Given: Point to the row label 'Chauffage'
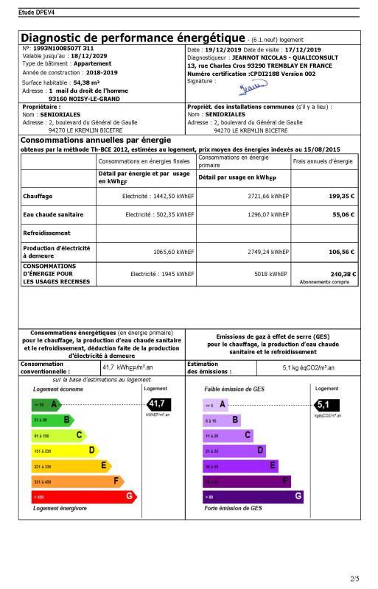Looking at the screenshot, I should pyautogui.click(x=37, y=197).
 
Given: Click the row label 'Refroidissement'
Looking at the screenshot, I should pyautogui.click(x=47, y=232).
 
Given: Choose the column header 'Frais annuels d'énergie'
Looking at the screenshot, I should pyautogui.click(x=323, y=161).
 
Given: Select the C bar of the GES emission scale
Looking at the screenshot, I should pyautogui.click(x=228, y=435).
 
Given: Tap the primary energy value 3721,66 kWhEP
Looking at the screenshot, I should pyautogui.click(x=265, y=197).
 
